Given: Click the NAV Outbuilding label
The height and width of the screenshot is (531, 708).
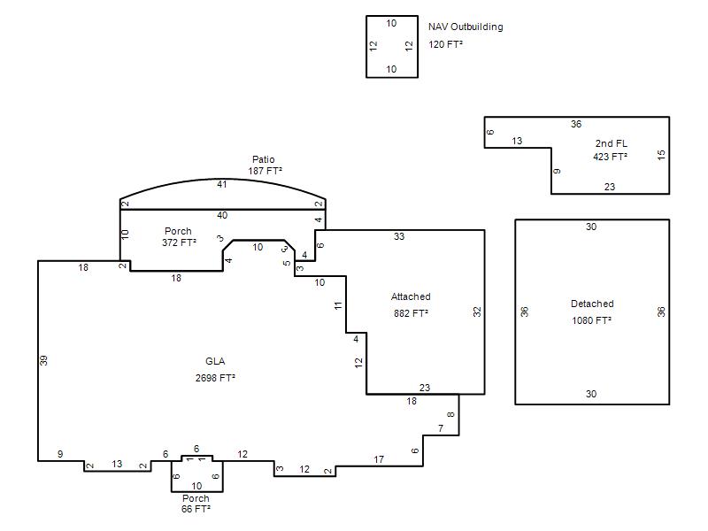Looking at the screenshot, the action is [466, 27].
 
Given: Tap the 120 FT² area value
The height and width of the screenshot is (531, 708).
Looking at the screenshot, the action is [445, 44].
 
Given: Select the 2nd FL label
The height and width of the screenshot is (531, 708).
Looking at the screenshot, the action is [611, 143].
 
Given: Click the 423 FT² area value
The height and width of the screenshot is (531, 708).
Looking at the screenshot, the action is [610, 157].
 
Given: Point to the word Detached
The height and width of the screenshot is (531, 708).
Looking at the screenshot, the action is [592, 304].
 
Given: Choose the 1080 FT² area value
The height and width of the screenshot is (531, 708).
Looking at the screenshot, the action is [591, 320].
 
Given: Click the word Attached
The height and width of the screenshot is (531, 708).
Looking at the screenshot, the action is [411, 296].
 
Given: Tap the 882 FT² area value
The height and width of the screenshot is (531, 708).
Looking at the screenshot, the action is [411, 313].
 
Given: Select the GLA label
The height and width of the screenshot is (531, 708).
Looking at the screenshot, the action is [215, 361].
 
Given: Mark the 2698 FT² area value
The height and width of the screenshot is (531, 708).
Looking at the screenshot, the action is [215, 378].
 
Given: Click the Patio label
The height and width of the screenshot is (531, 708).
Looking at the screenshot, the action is [263, 159].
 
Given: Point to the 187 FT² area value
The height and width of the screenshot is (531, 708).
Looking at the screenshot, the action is [265, 171].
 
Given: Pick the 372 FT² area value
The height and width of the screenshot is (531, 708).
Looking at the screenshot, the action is [180, 242].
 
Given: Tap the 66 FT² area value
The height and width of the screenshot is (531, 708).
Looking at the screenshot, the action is [196, 509].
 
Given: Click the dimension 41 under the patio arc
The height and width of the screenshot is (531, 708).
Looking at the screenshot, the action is [222, 184].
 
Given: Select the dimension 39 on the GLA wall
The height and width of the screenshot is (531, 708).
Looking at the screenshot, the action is [43, 360].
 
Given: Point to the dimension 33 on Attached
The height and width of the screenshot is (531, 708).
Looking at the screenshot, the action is [399, 236].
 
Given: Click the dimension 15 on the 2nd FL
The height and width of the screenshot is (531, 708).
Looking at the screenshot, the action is [661, 155].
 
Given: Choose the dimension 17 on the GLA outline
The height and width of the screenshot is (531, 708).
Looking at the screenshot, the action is [379, 459].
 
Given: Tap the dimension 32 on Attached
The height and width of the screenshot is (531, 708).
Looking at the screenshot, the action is [477, 312].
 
